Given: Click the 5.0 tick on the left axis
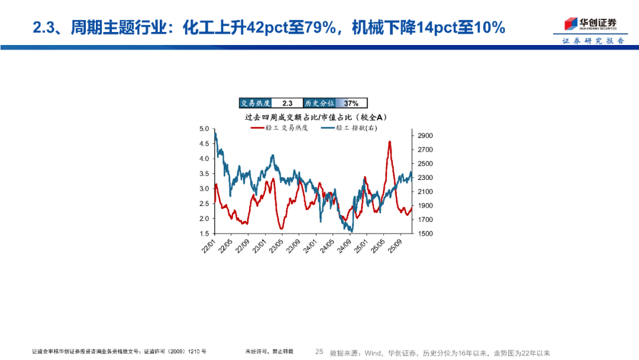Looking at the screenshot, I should [205, 128].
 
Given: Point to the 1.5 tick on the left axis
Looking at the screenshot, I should [205, 234].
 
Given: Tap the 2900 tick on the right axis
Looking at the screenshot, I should [425, 136].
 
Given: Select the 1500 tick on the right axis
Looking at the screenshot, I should [425, 234].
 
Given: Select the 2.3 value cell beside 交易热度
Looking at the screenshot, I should [287, 103].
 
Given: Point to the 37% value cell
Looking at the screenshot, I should [351, 103].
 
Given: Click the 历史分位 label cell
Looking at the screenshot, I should [319, 103].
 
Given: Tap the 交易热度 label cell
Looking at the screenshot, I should [255, 103].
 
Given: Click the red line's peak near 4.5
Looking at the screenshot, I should [389, 142].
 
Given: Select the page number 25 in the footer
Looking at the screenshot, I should [319, 352].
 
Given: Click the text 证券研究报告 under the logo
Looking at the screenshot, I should [592, 41].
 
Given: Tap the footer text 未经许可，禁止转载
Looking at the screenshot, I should [269, 352].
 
